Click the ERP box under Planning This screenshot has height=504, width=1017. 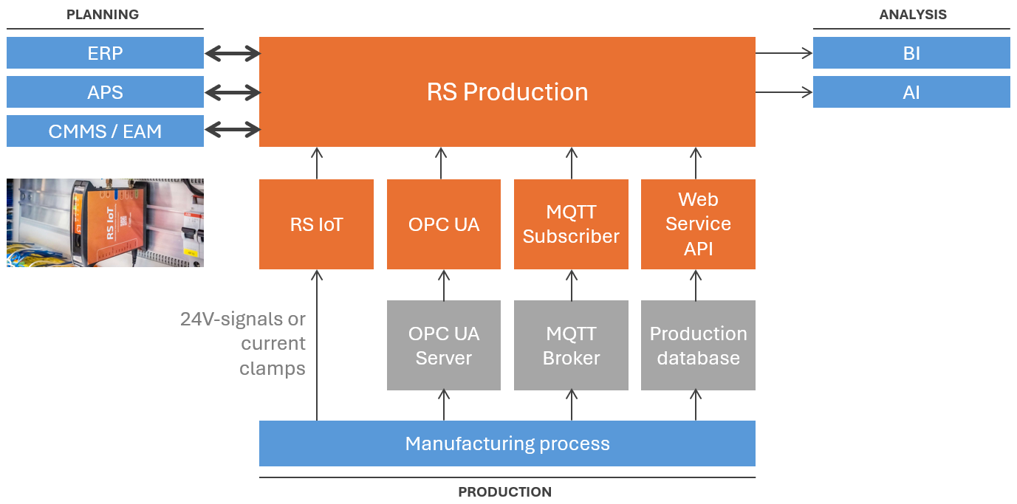pyautogui.click(x=105, y=53)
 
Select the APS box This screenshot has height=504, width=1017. pyautogui.click(x=105, y=92)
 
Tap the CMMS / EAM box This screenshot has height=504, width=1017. pyautogui.click(x=105, y=131)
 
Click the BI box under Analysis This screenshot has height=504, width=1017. pyautogui.click(x=911, y=53)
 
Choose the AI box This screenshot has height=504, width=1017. pyautogui.click(x=911, y=92)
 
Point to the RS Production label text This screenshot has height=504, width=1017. pyautogui.click(x=507, y=92)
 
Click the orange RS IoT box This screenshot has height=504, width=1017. pyautogui.click(x=316, y=224)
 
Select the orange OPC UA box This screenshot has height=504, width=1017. pyautogui.click(x=443, y=224)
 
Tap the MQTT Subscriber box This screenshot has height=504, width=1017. pyautogui.click(x=571, y=224)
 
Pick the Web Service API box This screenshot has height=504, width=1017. pyautogui.click(x=698, y=224)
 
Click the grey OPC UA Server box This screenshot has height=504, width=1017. pyautogui.click(x=443, y=345)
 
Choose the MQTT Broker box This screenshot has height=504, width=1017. pyautogui.click(x=571, y=345)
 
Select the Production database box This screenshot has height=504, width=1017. pyautogui.click(x=698, y=345)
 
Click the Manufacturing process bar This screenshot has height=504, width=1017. pyautogui.click(x=507, y=443)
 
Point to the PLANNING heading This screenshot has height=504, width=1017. pyautogui.click(x=103, y=15)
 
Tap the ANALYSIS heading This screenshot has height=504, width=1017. pyautogui.click(x=913, y=15)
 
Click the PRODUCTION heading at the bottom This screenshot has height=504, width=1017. pyautogui.click(x=504, y=492)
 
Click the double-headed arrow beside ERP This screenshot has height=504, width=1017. pyautogui.click(x=232, y=53)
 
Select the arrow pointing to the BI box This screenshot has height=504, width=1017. pyautogui.click(x=784, y=53)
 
